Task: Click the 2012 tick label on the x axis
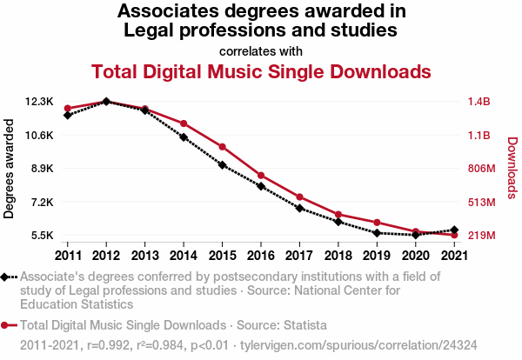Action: point(106,256)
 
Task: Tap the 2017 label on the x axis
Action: point(299,256)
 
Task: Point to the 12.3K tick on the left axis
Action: point(39,102)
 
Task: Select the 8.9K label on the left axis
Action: point(40,169)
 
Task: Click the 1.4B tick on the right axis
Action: point(479,102)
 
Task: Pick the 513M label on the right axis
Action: point(480,203)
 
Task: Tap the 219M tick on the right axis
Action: point(480,236)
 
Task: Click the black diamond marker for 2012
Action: point(106,102)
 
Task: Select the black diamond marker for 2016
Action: point(261,186)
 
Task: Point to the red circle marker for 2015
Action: point(222,147)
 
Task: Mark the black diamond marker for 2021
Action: point(454,230)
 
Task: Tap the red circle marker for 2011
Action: point(67,108)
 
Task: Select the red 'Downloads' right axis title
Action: point(512,168)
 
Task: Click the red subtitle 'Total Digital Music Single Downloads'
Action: point(261,70)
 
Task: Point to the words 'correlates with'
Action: point(261,50)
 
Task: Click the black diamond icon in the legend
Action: point(7,277)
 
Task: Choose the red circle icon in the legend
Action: point(7,325)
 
